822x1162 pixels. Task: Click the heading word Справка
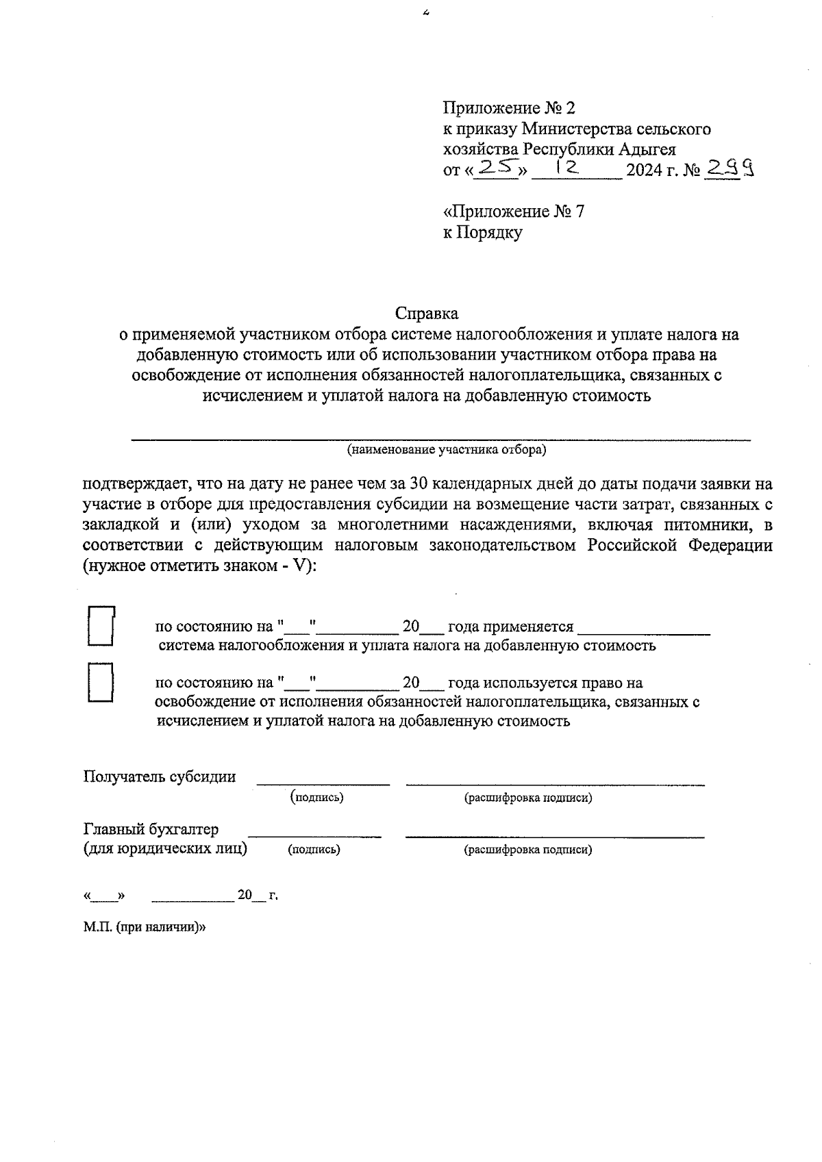coord(426,314)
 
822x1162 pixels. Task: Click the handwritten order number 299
coord(730,168)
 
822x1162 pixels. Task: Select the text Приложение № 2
coord(510,108)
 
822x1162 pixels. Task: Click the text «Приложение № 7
coord(513,212)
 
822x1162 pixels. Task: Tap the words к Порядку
coord(482,233)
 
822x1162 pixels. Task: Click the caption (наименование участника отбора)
coord(446,450)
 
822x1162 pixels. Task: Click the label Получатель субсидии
coord(160,776)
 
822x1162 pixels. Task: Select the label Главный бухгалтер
coord(151,829)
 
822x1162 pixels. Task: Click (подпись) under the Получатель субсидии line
coord(316,797)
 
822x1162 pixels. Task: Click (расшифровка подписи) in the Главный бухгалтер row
coord(527,850)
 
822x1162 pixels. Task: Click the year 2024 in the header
coord(645,170)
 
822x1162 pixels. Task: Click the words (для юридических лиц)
coord(165,849)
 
